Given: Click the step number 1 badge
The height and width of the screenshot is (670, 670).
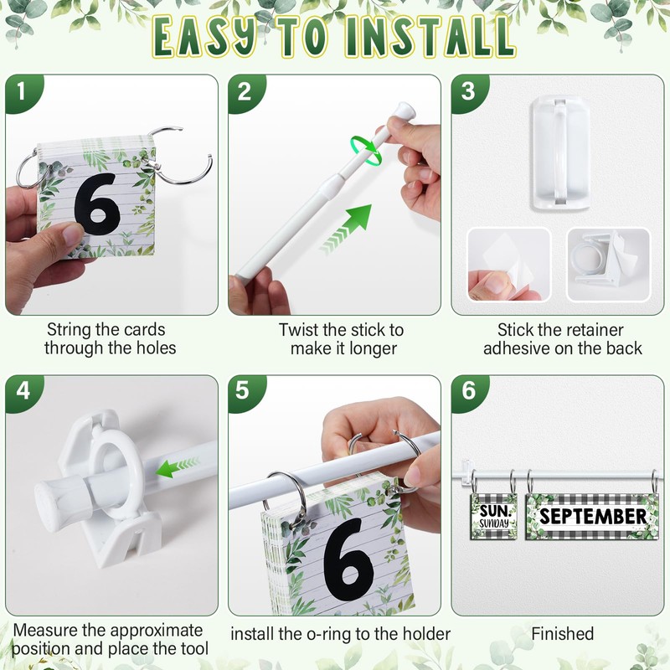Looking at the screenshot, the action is pyautogui.click(x=23, y=91).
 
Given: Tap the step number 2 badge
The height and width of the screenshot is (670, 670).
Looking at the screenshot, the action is pyautogui.click(x=245, y=91).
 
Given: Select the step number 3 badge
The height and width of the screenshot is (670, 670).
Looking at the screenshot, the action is pyautogui.click(x=468, y=91).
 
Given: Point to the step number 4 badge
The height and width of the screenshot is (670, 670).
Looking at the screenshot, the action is pyautogui.click(x=23, y=391).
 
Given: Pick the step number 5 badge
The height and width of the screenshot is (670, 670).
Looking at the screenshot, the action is pyautogui.click(x=245, y=391).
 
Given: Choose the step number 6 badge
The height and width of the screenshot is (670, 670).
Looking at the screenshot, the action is pyautogui.click(x=468, y=391).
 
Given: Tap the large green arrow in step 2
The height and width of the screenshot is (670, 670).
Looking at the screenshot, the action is pyautogui.click(x=346, y=229).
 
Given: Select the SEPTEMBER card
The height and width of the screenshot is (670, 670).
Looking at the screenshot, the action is pyautogui.click(x=592, y=516).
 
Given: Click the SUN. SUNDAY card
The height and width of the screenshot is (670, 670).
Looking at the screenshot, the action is pyautogui.click(x=494, y=516).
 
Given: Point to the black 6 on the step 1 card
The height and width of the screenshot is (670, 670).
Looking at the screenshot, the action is pyautogui.click(x=96, y=204).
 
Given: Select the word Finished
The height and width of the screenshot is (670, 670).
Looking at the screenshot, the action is pyautogui.click(x=562, y=634).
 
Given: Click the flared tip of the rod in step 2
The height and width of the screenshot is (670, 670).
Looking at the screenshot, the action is pyautogui.click(x=405, y=111).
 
